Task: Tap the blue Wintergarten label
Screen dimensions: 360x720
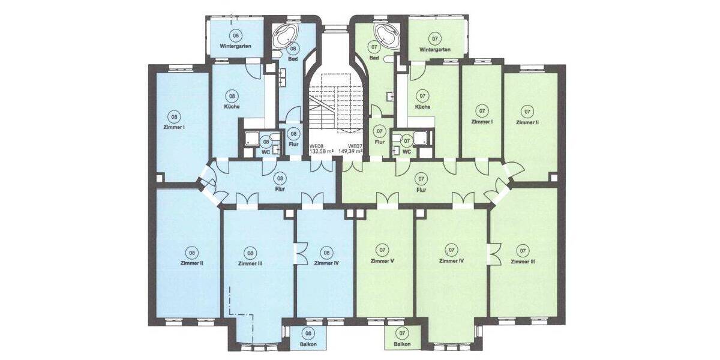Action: click(235, 46)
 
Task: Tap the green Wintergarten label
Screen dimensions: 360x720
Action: click(435, 49)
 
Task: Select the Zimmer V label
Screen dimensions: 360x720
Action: click(382, 261)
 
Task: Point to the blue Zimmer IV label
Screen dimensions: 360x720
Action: click(326, 263)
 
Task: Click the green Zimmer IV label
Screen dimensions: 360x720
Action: click(452, 260)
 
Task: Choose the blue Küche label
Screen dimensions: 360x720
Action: click(232, 107)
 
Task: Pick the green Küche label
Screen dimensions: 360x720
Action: click(422, 107)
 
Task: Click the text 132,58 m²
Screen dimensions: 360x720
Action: click(321, 152)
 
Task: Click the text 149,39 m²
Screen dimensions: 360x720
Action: click(351, 152)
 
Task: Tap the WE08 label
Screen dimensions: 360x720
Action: click(317, 146)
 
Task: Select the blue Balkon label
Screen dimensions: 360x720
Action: click(308, 344)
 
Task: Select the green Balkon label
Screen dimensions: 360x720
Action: click(403, 344)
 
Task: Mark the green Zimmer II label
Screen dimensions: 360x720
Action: click(527, 122)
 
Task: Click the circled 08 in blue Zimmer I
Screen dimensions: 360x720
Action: click(174, 117)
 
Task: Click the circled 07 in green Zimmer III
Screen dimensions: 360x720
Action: click(523, 250)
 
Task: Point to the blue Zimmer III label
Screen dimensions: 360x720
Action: click(250, 263)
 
